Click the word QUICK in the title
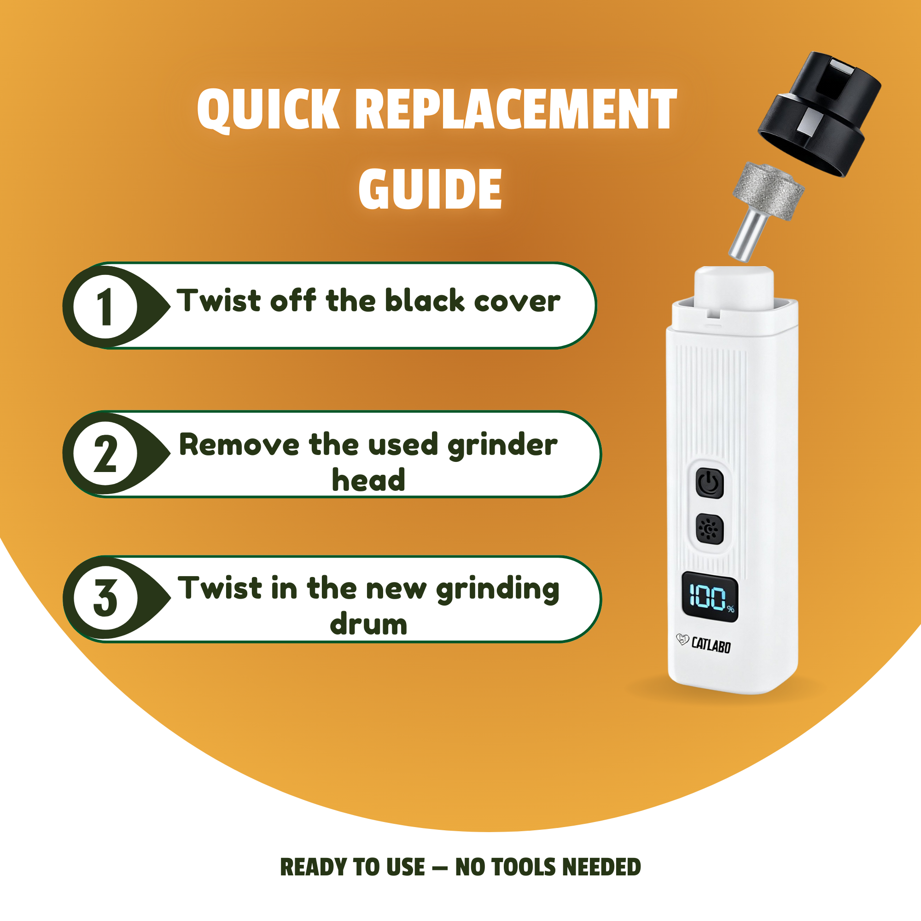coord(268,110)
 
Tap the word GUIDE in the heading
coord(430,189)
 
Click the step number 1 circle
coord(105,307)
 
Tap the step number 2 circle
coord(105,453)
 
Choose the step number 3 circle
coord(105,598)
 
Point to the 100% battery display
coord(710,597)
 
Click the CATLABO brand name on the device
coord(711,645)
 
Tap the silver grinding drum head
coord(768,191)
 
